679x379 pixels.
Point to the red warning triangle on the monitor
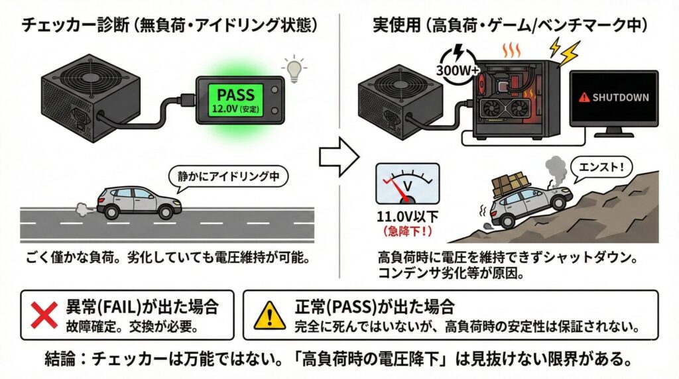(x=584, y=97)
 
